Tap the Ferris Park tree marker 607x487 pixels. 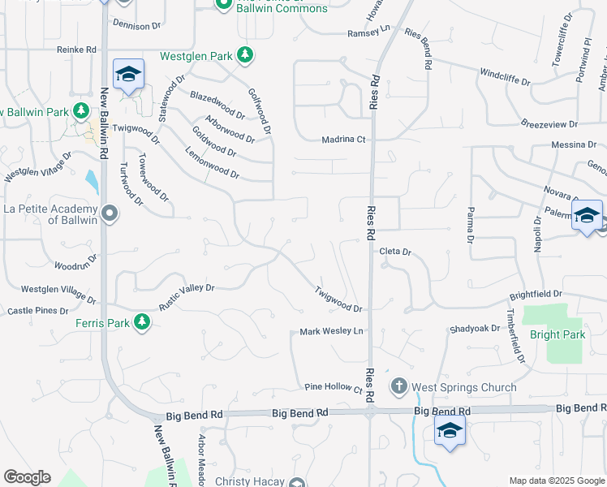[143, 323]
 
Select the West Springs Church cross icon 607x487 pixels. [398, 387]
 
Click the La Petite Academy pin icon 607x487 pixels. [110, 214]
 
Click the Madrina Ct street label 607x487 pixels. [345, 139]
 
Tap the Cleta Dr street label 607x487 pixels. [395, 252]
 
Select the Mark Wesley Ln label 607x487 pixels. [331, 331]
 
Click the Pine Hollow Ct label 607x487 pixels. [333, 389]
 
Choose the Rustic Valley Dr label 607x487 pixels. [187, 288]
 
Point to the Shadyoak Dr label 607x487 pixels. [475, 329]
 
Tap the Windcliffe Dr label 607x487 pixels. [505, 82]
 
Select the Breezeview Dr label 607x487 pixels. [548, 124]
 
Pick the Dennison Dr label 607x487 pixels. [137, 26]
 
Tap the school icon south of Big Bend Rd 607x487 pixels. [449, 431]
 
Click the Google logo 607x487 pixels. [27, 477]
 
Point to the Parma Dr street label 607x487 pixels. [470, 225]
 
